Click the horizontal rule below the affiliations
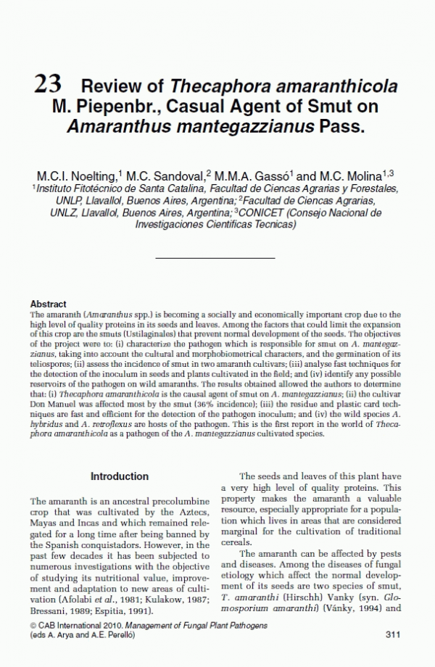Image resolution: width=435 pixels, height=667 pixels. [x=215, y=257]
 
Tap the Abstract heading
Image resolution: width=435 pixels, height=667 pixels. [x=49, y=304]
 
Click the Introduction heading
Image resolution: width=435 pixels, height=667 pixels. [x=120, y=476]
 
